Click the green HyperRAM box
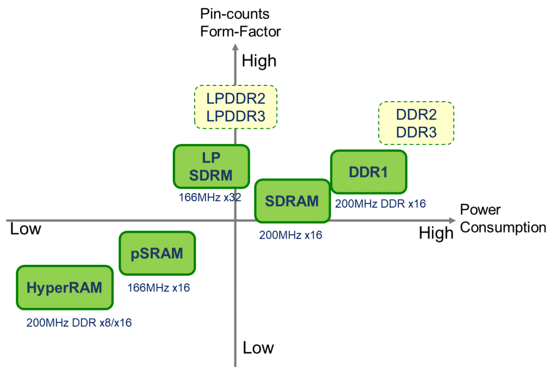point(65,288)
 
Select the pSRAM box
point(157,253)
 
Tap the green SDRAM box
point(292,201)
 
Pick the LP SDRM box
point(211,166)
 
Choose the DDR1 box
point(368,172)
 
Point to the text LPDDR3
point(236,116)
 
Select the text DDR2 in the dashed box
point(416,115)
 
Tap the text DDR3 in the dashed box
point(416,132)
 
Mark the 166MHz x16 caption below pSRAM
point(158,288)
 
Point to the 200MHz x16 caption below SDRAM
point(290,235)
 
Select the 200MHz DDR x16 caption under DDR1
point(380,204)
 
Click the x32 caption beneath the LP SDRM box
point(232,197)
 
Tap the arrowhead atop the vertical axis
point(235,46)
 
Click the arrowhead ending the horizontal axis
point(452,220)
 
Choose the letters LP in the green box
point(211,157)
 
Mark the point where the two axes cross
point(235,220)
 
